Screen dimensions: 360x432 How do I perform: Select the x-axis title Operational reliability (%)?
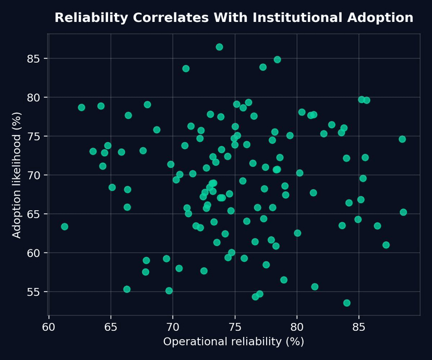[234, 342]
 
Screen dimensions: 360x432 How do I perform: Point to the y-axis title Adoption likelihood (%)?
[17, 175]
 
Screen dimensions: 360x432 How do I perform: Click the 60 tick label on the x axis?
[49, 327]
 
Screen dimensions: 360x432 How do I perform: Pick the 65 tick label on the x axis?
[111, 327]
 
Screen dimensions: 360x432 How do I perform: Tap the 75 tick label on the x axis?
[235, 327]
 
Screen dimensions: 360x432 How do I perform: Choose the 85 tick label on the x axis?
[358, 327]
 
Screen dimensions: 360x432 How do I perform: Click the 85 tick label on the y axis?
[34, 58]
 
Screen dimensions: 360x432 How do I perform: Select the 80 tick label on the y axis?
[34, 98]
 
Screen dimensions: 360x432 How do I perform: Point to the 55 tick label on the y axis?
[34, 292]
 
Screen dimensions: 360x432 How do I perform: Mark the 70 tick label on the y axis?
[34, 175]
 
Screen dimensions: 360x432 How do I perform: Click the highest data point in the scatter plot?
[219, 47]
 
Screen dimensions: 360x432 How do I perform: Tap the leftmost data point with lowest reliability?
[65, 226]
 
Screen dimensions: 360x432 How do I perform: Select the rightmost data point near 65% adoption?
[403, 212]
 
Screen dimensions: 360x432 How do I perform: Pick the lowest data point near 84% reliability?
[347, 303]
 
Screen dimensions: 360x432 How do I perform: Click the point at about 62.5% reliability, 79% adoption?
[81, 107]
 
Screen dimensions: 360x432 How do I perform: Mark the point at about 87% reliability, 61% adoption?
[386, 245]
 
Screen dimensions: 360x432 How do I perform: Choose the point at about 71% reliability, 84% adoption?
[186, 68]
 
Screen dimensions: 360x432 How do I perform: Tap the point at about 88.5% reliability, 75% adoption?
[402, 139]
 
